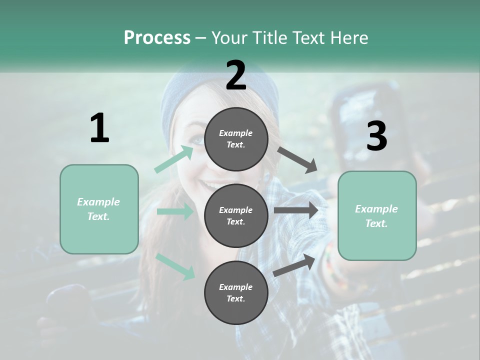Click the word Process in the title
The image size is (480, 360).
[x=157, y=37]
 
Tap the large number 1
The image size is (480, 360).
[x=99, y=128]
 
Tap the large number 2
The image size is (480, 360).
[x=236, y=75]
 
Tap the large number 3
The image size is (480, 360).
[x=376, y=136]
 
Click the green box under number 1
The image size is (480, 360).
[x=99, y=209]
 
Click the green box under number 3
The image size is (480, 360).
[x=377, y=216]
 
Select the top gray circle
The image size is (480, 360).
[x=236, y=138]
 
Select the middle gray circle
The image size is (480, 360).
[x=236, y=215]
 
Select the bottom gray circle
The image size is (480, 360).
[x=236, y=292]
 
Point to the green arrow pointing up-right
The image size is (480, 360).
[x=174, y=159]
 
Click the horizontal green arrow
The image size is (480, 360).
[x=175, y=211]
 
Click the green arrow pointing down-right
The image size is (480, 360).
[x=175, y=266]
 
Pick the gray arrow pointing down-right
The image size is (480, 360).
[x=297, y=159]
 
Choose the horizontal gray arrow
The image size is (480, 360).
[x=295, y=210]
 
